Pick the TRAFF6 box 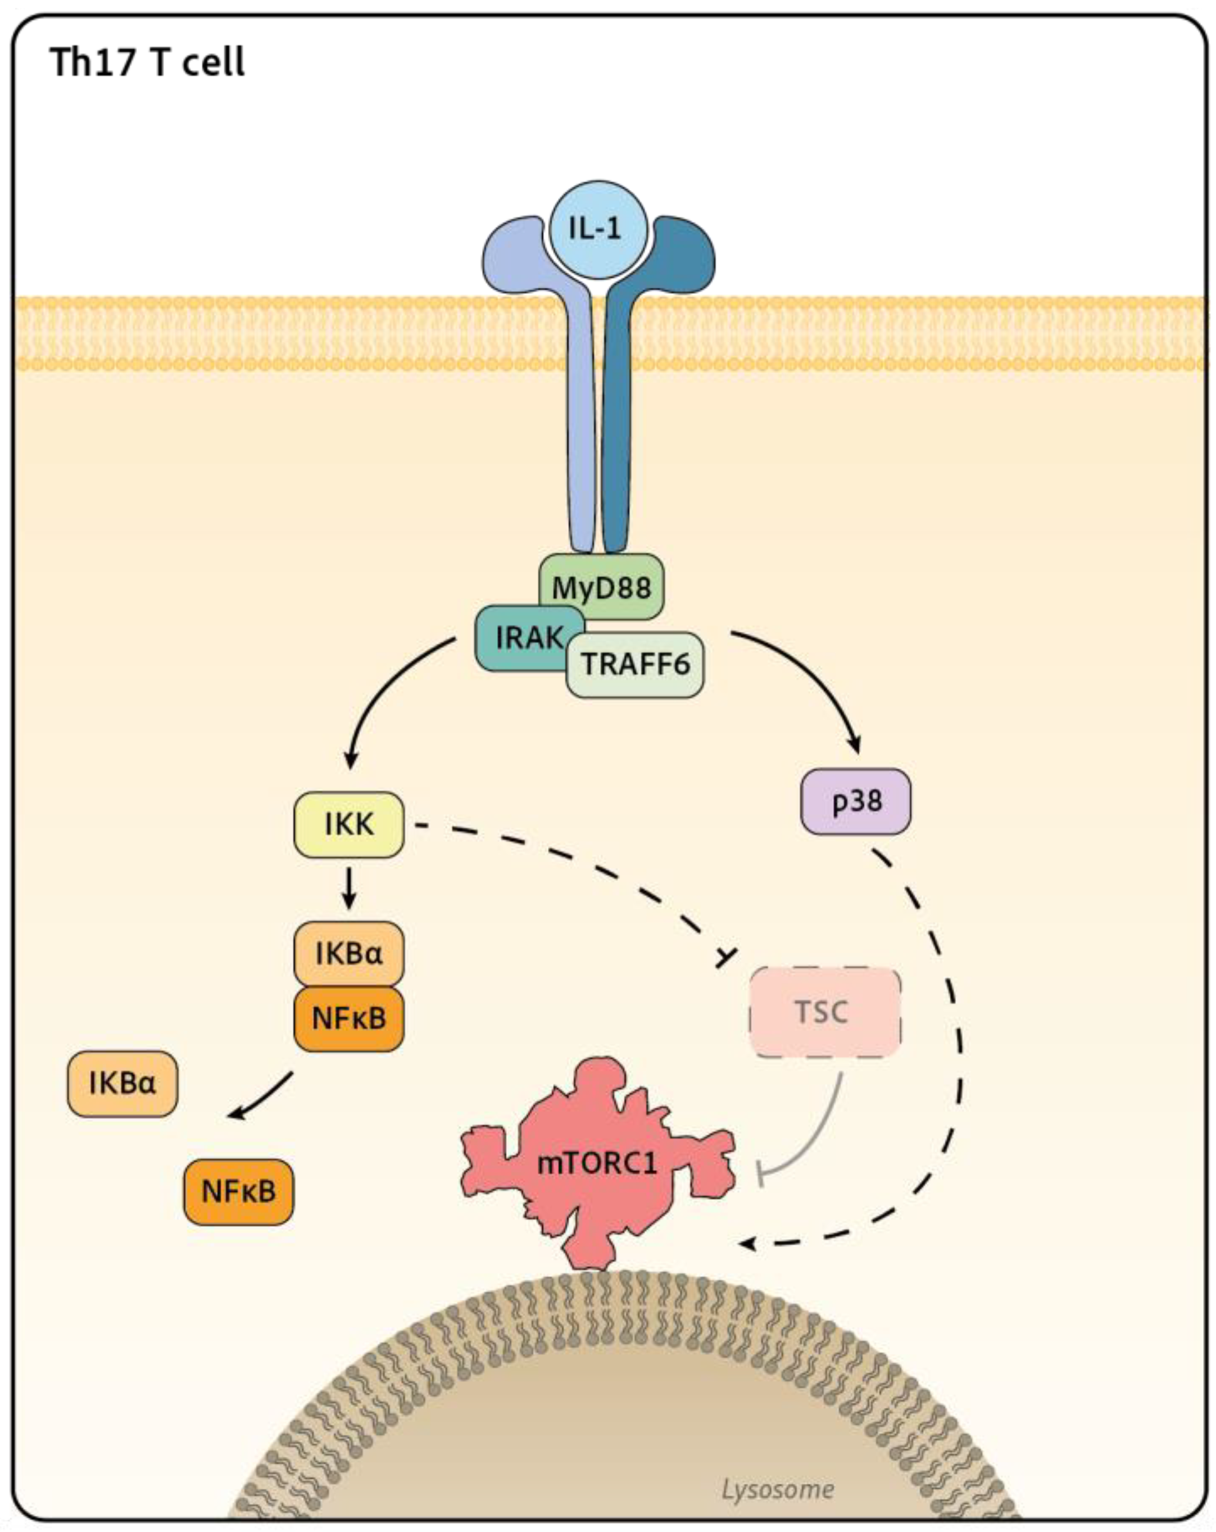point(635,664)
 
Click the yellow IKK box point(349,824)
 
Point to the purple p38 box point(855,801)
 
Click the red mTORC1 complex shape point(597,1163)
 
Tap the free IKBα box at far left point(122,1084)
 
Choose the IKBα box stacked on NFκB point(349,953)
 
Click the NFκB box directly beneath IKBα point(349,1018)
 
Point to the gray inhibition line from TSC point(817,1137)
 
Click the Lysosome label point(777,1489)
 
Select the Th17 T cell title point(147,62)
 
